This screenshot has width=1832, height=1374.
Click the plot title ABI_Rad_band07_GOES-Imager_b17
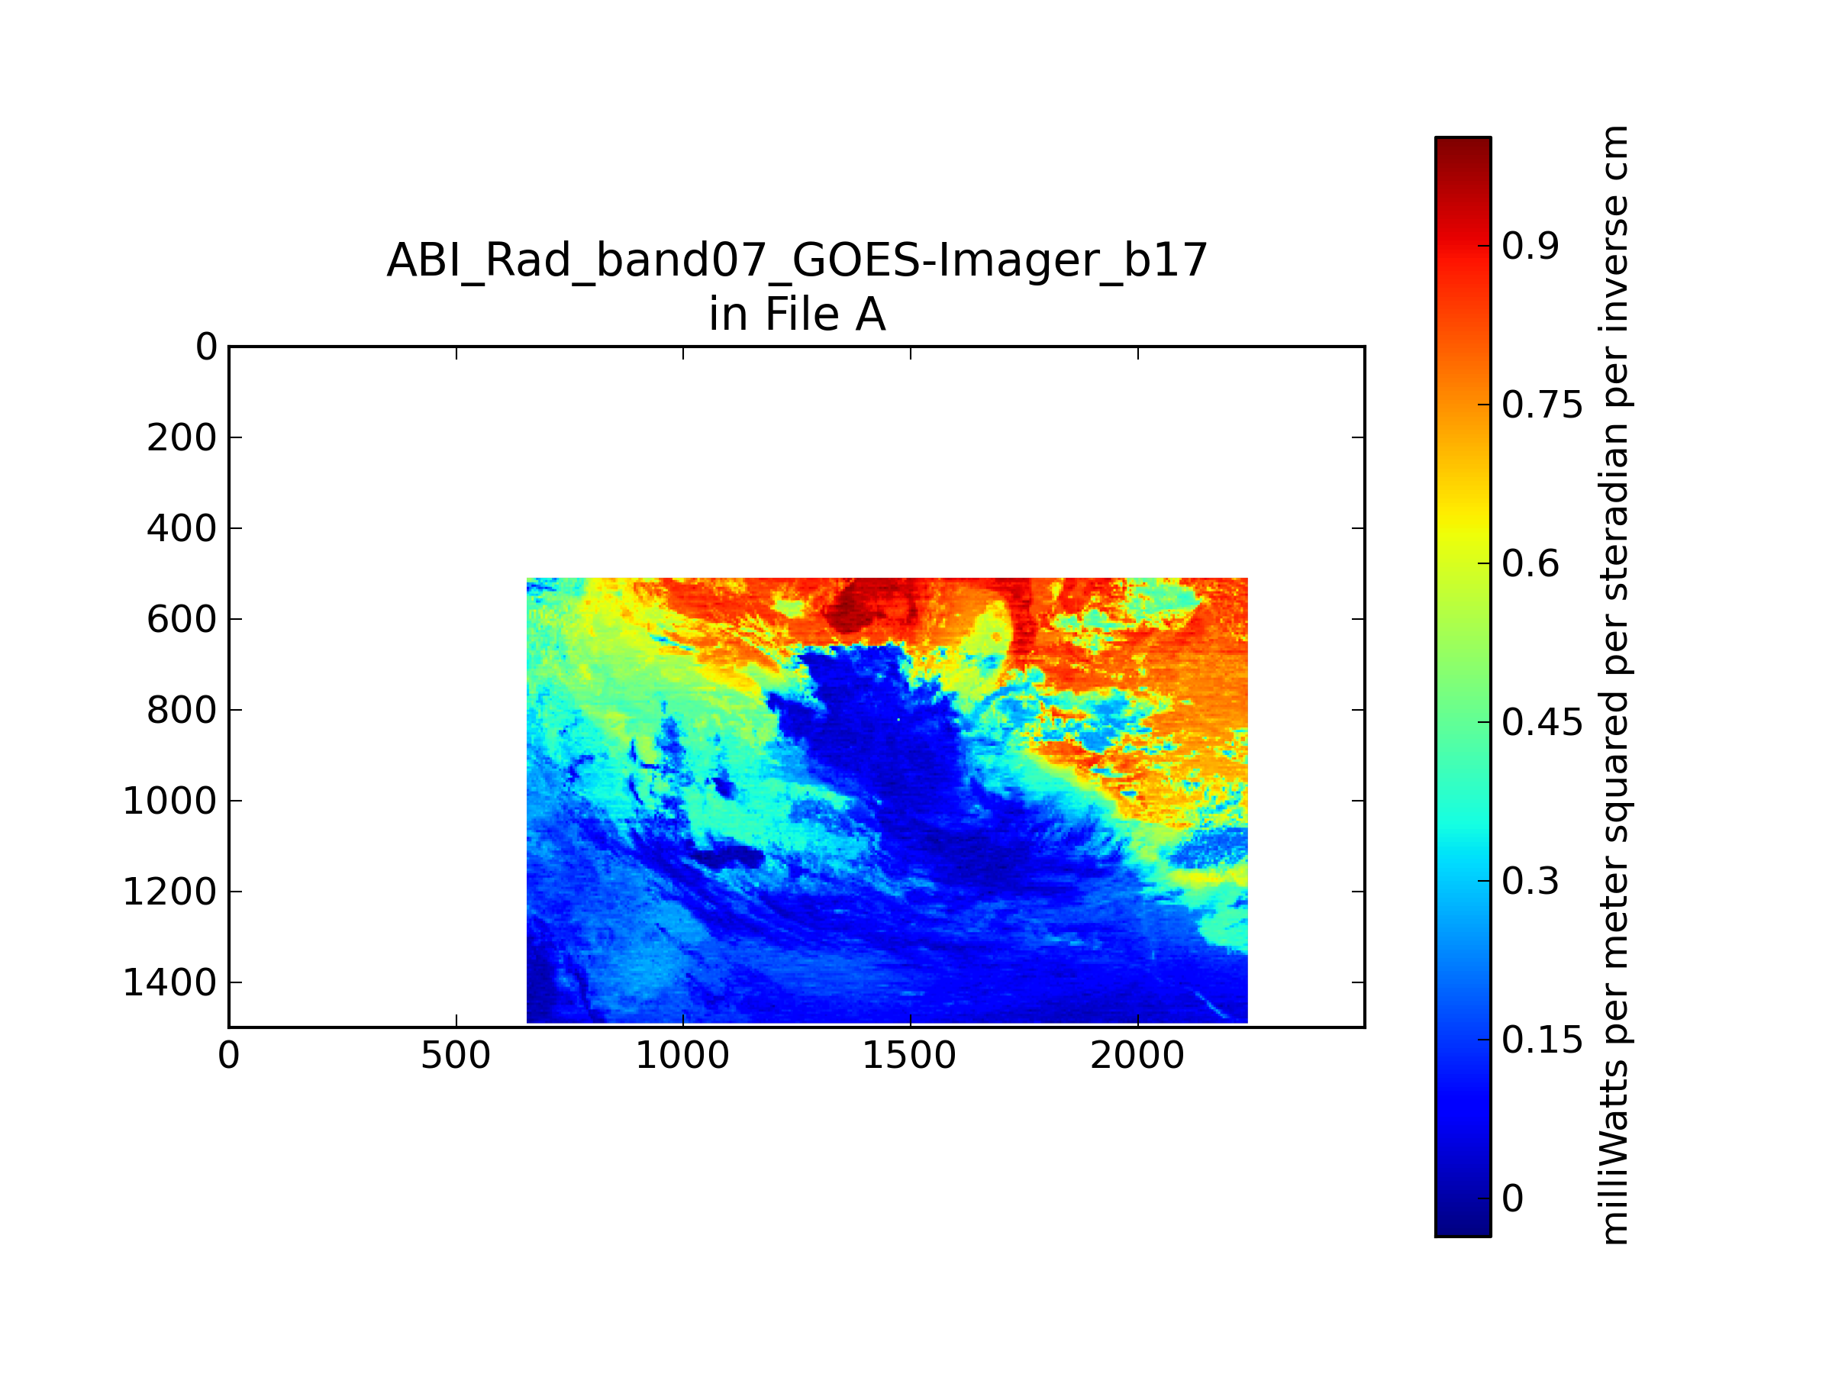pos(797,261)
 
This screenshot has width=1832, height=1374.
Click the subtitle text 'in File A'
pos(797,314)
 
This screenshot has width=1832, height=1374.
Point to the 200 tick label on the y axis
pos(182,438)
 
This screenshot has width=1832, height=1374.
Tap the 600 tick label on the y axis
pos(182,620)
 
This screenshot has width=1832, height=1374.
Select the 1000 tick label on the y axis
pos(169,801)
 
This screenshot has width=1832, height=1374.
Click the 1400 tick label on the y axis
pos(169,983)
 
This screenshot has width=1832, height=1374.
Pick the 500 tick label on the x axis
pos(456,1056)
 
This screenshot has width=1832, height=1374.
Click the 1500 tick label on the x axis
pos(909,1056)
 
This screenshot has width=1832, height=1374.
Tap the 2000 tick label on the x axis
pos(1137,1056)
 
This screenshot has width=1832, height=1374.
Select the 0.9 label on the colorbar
pos(1530,246)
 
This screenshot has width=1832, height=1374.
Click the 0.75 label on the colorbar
pos(1542,406)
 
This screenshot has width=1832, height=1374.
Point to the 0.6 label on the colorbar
pos(1530,564)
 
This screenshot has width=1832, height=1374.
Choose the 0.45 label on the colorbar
pos(1542,723)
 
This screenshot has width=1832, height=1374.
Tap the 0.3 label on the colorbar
pos(1530,882)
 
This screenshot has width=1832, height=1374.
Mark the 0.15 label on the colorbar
pos(1542,1040)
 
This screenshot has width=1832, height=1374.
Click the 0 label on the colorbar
pos(1513,1199)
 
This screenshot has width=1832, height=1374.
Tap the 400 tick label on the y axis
pos(182,528)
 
